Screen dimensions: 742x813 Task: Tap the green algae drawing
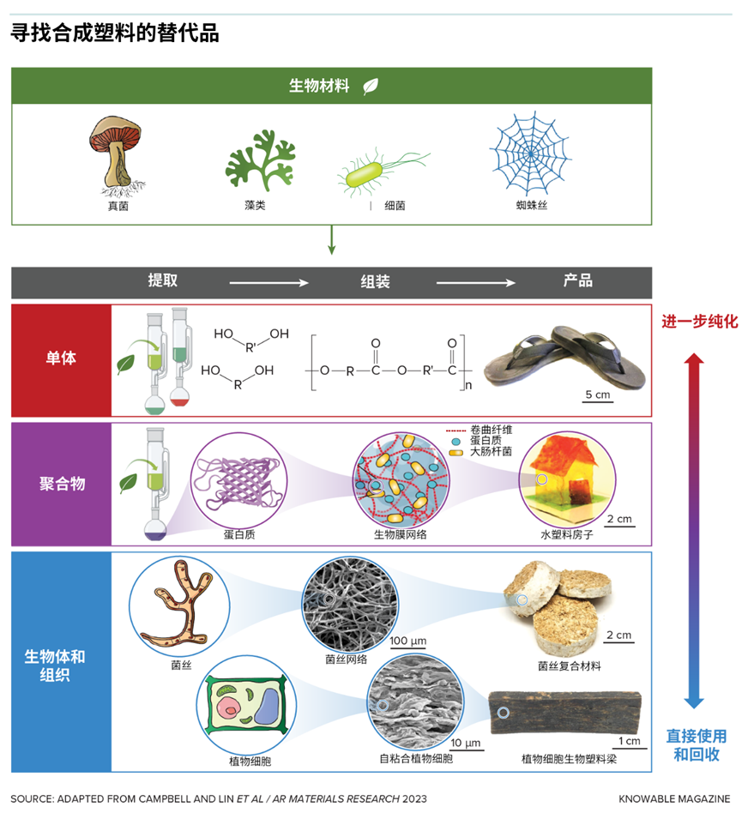(260, 160)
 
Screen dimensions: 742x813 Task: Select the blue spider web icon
(530, 154)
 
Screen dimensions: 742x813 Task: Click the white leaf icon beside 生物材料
(371, 86)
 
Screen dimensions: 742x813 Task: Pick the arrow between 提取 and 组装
(268, 283)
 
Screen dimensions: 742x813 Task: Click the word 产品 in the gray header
(577, 280)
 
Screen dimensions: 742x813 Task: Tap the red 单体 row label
(61, 358)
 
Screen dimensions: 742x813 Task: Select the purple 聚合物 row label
(63, 484)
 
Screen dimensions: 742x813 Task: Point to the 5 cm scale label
(597, 394)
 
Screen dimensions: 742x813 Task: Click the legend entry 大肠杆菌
(491, 452)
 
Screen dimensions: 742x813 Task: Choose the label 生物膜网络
(401, 534)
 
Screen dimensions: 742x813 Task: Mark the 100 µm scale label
(408, 641)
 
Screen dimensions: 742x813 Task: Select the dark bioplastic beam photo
(564, 713)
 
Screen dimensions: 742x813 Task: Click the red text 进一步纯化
(699, 322)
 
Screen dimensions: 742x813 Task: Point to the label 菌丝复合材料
(570, 666)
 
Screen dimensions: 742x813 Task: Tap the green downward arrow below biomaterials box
(332, 239)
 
